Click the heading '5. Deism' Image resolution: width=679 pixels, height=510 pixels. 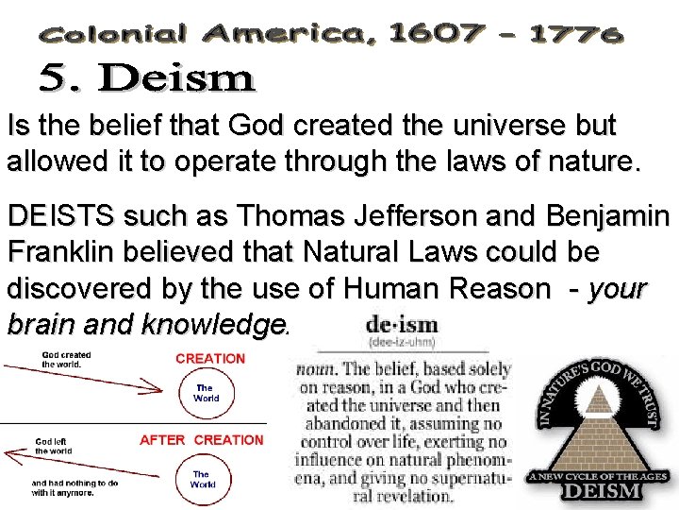147,77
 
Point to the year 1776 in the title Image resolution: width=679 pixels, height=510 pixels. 575,35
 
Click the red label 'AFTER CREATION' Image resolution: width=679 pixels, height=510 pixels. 202,440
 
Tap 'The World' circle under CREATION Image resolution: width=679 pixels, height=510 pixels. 206,393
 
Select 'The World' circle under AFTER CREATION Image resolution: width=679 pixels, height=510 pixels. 203,480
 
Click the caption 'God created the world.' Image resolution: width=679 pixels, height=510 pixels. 66,360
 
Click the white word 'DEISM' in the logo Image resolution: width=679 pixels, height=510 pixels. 601,491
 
